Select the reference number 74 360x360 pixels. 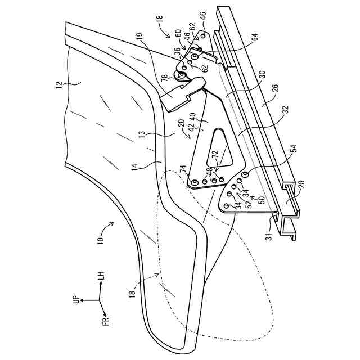tap(182, 168)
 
